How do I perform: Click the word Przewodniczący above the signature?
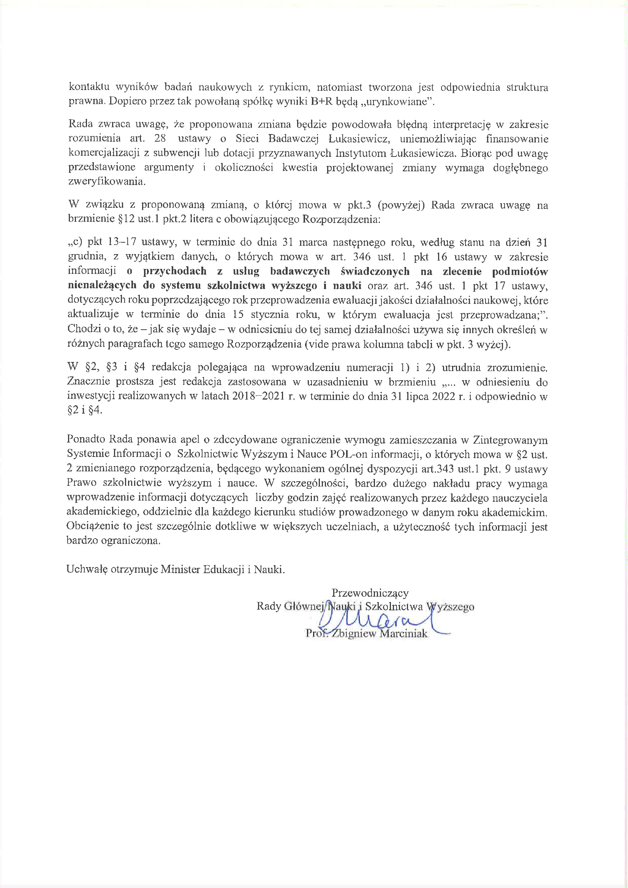[x=370, y=593]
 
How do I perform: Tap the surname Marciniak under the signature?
[x=404, y=634]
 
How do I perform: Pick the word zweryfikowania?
[x=107, y=182]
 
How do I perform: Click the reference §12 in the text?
[x=126, y=219]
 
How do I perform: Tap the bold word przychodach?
[x=174, y=271]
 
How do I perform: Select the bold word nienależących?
[x=102, y=286]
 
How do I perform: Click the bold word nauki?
[x=347, y=286]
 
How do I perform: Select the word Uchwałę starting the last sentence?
[x=87, y=569]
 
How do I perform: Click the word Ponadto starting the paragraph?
[x=86, y=439]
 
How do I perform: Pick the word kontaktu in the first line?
[x=89, y=87]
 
